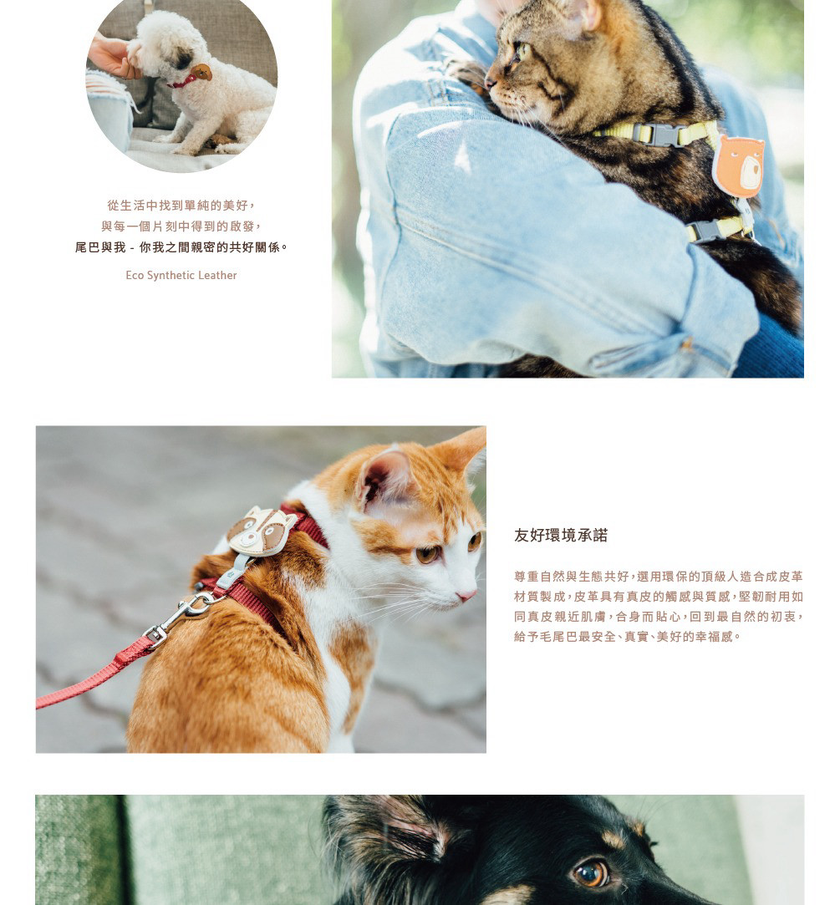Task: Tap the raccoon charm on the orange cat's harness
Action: click(261, 531)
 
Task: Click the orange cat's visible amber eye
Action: click(428, 555)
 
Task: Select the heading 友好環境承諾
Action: click(561, 535)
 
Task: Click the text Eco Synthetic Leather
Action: click(181, 275)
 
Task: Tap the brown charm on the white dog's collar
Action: click(201, 72)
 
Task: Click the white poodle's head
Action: click(165, 45)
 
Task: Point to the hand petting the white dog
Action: click(113, 57)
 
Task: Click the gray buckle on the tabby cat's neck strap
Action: click(657, 135)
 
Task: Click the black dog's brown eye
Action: click(590, 872)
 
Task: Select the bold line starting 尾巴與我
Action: click(181, 247)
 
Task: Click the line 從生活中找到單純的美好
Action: click(181, 205)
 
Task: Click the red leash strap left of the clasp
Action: click(93, 675)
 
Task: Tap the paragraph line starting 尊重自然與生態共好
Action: click(659, 576)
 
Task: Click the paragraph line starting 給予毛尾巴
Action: click(627, 637)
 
